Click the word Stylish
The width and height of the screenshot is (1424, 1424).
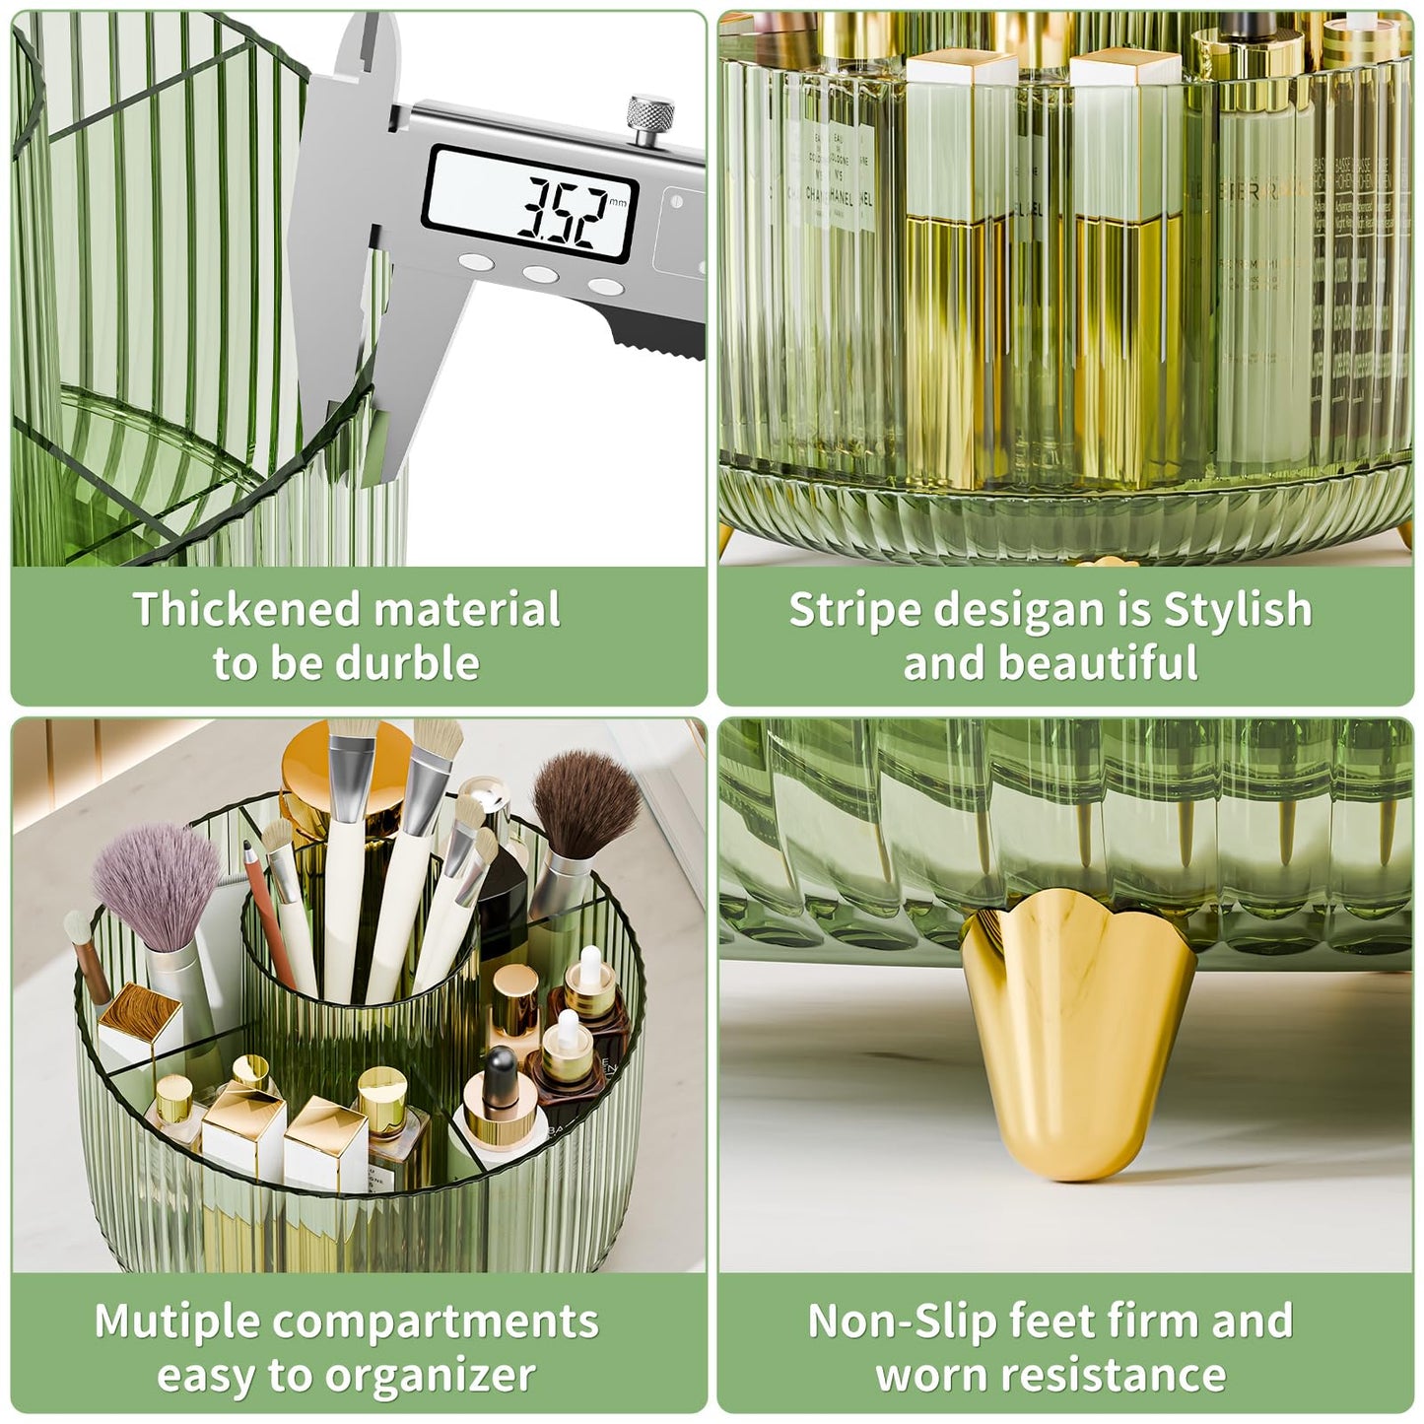click(x=1238, y=610)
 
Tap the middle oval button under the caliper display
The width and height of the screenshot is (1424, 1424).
click(x=540, y=275)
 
